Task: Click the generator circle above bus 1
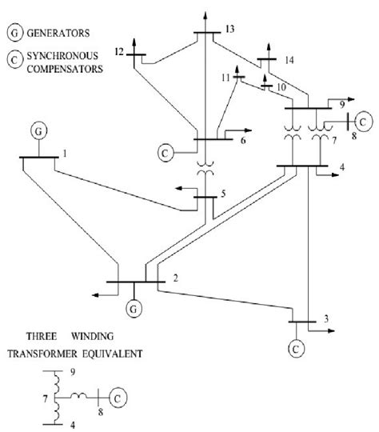(38, 129)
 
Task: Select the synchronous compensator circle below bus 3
(296, 349)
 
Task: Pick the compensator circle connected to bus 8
(362, 122)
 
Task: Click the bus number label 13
(230, 30)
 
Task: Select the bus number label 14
(289, 60)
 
